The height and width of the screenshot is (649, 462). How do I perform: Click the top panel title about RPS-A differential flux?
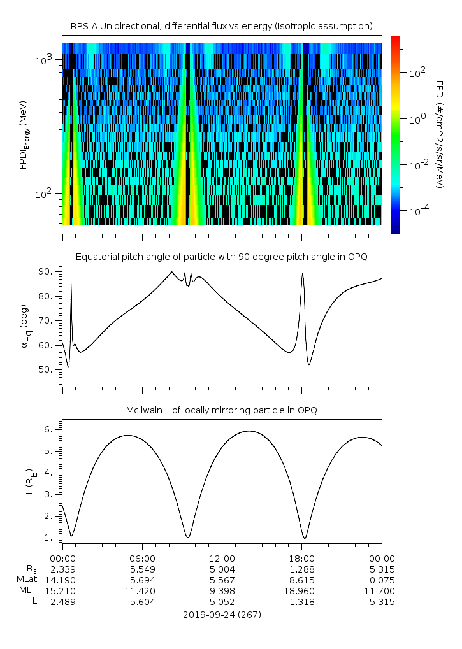point(221,25)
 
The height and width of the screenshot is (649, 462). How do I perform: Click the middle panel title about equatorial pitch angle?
point(221,257)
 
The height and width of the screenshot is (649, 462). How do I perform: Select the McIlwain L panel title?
point(221,410)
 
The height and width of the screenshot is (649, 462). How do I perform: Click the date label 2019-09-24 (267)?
point(222,615)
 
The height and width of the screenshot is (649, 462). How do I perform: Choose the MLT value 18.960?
point(301,591)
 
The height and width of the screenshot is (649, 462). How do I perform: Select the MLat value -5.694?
point(142,580)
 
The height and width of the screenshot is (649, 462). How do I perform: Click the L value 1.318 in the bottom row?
point(301,602)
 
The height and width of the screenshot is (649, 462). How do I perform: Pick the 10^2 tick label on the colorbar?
point(417,72)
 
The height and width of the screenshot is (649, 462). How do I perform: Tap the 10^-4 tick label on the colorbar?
point(419,210)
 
